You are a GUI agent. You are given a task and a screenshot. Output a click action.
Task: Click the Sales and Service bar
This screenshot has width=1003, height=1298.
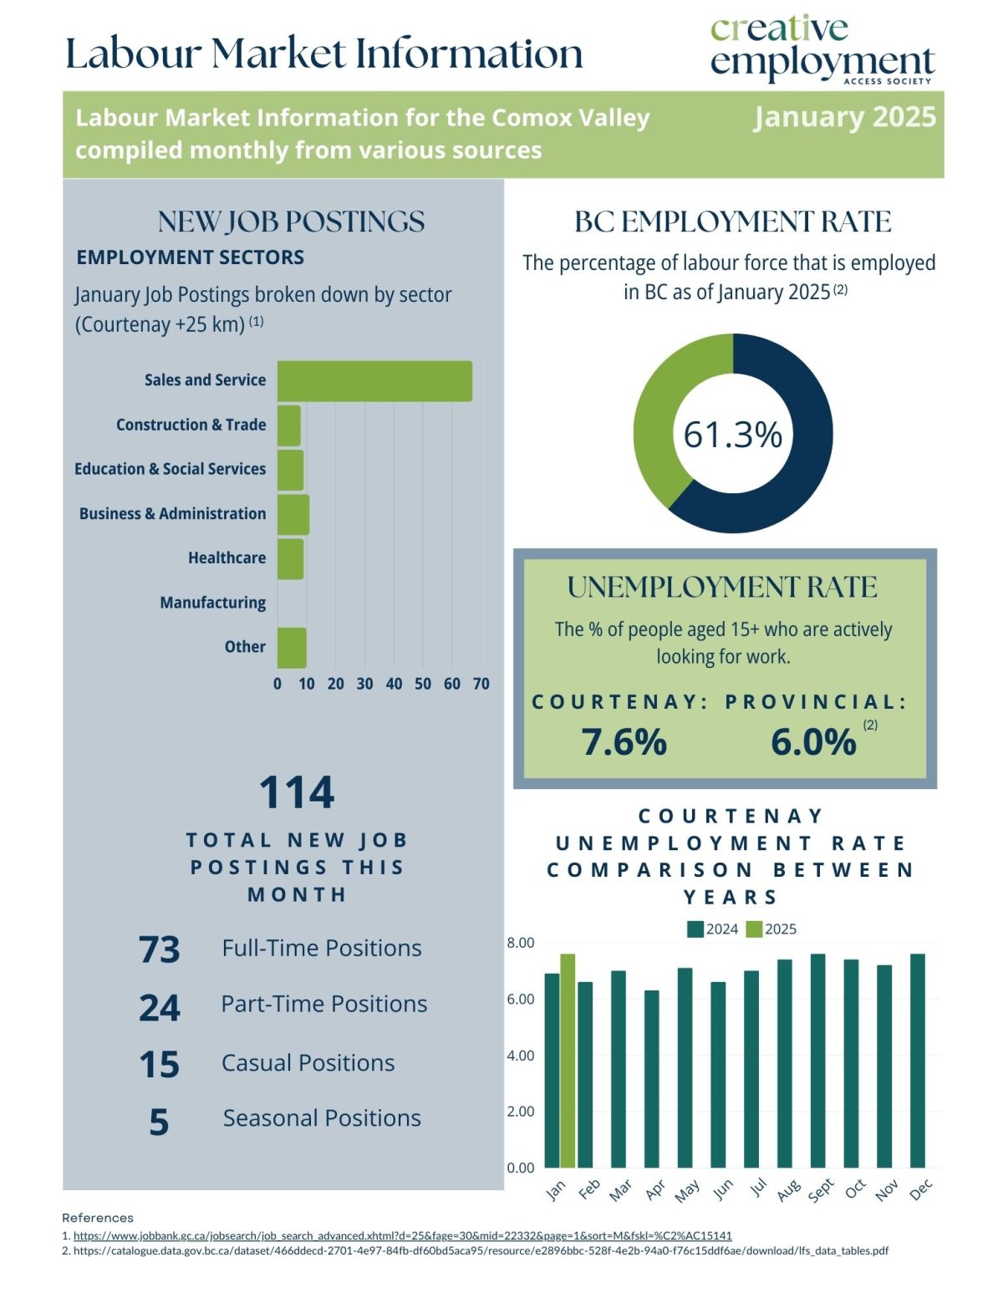point(374,381)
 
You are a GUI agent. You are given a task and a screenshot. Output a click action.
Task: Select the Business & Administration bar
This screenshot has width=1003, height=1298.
point(293,515)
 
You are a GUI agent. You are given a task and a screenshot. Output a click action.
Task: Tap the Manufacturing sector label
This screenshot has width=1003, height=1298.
point(213,603)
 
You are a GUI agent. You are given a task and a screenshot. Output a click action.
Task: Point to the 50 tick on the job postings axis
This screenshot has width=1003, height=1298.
point(423,684)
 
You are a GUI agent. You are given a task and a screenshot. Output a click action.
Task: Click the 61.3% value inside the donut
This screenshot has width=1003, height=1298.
point(733,435)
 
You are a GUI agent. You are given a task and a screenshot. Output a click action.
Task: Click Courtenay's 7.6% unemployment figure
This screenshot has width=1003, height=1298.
point(624,741)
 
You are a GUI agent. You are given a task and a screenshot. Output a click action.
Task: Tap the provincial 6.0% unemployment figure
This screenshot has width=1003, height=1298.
point(813,741)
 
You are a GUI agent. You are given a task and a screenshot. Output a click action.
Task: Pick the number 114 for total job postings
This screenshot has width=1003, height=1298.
point(297,792)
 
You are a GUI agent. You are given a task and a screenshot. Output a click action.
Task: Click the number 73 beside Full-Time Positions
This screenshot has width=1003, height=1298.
point(160,949)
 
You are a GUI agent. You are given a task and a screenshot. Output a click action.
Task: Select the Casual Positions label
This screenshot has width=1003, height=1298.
point(308,1063)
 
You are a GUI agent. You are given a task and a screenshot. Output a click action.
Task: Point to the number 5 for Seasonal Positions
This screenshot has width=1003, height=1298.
point(159,1122)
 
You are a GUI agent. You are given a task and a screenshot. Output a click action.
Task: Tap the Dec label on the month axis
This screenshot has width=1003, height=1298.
point(920,1190)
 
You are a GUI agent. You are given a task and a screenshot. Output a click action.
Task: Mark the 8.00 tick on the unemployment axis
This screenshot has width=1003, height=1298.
point(521,943)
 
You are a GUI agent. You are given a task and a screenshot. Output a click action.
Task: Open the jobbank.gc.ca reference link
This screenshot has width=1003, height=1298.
point(402,1235)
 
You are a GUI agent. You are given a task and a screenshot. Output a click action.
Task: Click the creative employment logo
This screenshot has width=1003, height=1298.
point(822,50)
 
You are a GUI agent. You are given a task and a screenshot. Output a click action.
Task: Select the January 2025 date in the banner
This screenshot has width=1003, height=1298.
point(844,117)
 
